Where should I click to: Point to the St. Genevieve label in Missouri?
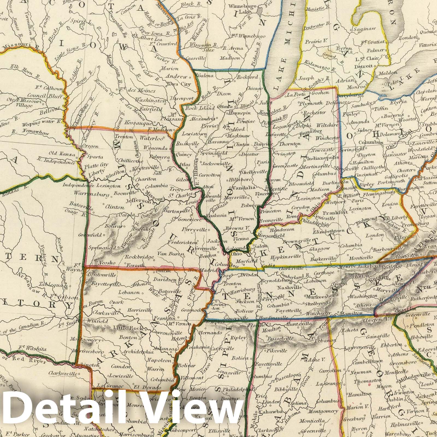point(186,219)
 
